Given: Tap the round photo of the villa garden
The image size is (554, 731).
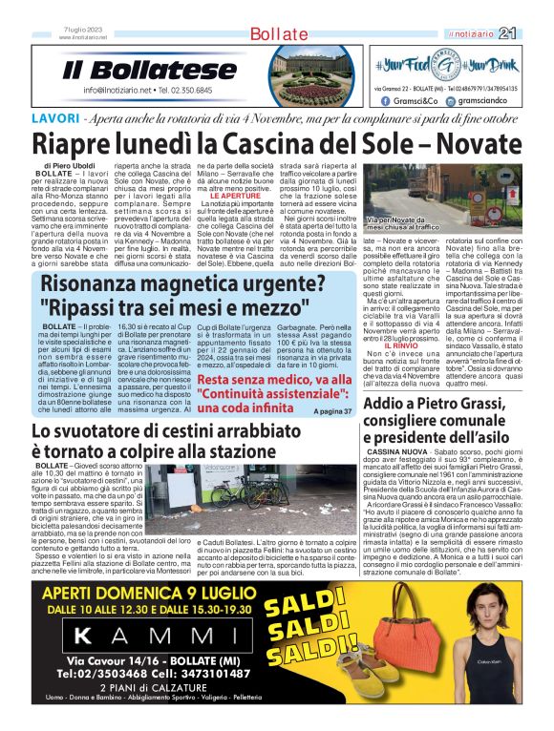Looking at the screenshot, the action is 299,76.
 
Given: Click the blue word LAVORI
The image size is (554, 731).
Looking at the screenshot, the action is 54,119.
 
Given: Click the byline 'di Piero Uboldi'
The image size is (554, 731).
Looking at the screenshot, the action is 69,167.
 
